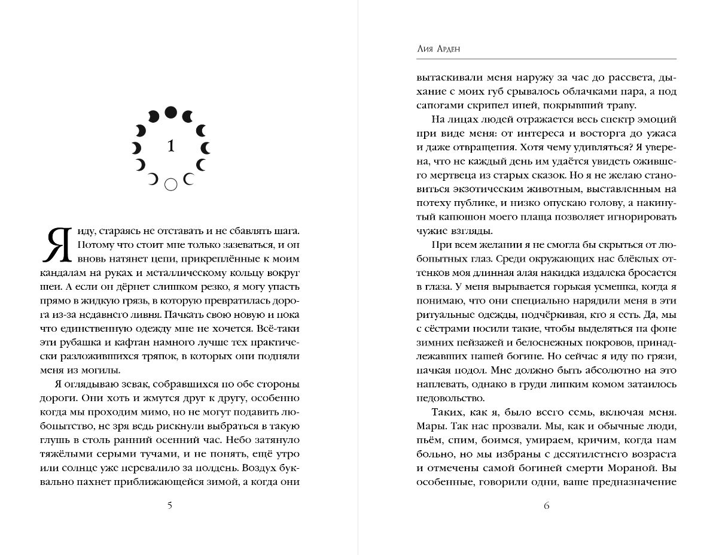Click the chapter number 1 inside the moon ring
(171, 147)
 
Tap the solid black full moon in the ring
(170, 112)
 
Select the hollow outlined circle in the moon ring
(170, 185)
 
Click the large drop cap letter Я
(57, 245)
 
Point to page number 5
(170, 505)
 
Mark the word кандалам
(60, 273)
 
